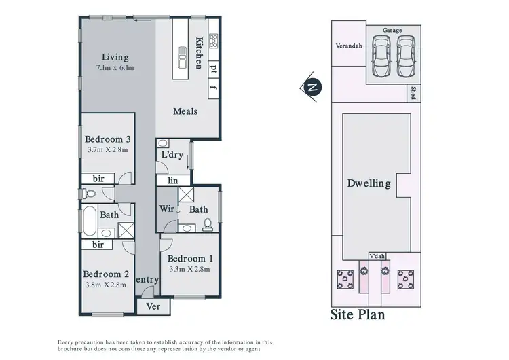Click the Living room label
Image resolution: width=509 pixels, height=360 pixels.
(x=115, y=57)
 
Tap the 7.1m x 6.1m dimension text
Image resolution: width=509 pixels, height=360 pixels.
(x=115, y=68)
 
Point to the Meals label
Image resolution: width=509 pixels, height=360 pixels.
(x=185, y=111)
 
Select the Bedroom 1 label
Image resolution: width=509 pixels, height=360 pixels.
(x=190, y=259)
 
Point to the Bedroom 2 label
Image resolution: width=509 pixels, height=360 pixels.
(x=107, y=274)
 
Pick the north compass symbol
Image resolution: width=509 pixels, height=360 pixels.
(x=312, y=88)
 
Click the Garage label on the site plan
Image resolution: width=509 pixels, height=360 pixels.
(x=393, y=31)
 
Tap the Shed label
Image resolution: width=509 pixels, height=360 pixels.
(x=412, y=92)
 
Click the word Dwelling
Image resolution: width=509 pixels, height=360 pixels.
(x=369, y=183)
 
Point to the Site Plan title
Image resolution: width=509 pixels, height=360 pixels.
(x=357, y=315)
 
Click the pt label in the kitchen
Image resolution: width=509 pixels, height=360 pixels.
(x=213, y=68)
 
